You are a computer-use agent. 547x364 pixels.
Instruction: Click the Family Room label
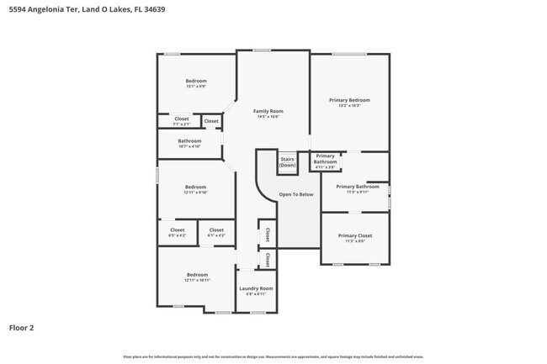click(268, 111)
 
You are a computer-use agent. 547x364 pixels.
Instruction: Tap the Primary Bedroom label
click(349, 100)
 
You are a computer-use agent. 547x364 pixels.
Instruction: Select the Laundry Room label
click(255, 288)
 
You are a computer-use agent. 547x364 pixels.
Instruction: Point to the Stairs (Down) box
click(288, 161)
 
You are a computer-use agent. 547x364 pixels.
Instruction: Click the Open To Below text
click(296, 194)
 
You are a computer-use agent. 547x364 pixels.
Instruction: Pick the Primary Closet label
click(355, 235)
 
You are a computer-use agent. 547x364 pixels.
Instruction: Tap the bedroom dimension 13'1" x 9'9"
click(196, 86)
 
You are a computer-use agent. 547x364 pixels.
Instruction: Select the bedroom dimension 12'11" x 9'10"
click(196, 193)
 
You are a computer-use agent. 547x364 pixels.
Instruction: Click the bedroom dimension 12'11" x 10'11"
click(197, 280)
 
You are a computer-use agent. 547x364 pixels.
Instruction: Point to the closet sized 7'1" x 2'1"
click(182, 124)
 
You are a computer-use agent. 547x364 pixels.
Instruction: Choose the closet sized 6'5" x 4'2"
click(178, 235)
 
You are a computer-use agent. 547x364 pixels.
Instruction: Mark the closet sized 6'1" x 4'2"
click(216, 235)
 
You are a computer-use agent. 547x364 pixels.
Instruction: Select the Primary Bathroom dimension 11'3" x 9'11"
click(358, 193)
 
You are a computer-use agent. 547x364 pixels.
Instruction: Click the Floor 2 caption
click(22, 328)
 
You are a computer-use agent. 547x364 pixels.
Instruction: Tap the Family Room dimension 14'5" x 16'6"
click(268, 117)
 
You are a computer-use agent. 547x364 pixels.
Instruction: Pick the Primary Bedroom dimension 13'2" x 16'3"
click(349, 106)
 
